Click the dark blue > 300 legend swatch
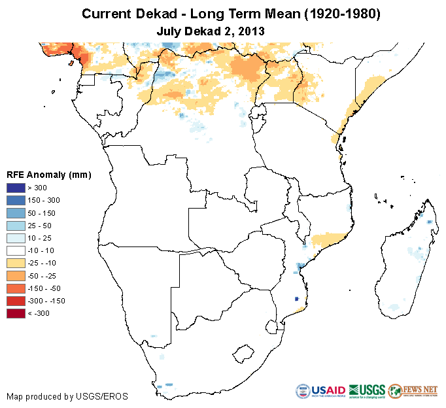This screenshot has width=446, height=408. point(16,188)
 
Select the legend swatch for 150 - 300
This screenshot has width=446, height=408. point(16,201)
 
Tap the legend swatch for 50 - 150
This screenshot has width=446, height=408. point(16,213)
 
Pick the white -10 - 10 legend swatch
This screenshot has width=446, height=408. point(16,250)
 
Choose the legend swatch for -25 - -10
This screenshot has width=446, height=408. point(16,263)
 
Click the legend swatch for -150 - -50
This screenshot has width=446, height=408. point(16,288)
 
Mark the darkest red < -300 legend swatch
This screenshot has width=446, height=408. point(16,313)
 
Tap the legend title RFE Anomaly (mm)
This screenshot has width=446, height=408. point(48,175)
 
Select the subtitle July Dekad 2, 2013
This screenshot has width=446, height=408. point(211,30)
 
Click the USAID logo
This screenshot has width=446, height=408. point(321,391)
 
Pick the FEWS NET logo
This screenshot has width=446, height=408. point(413,391)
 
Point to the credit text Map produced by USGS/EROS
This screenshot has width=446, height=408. point(67,396)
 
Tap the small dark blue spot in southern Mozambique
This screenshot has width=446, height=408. point(298,298)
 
